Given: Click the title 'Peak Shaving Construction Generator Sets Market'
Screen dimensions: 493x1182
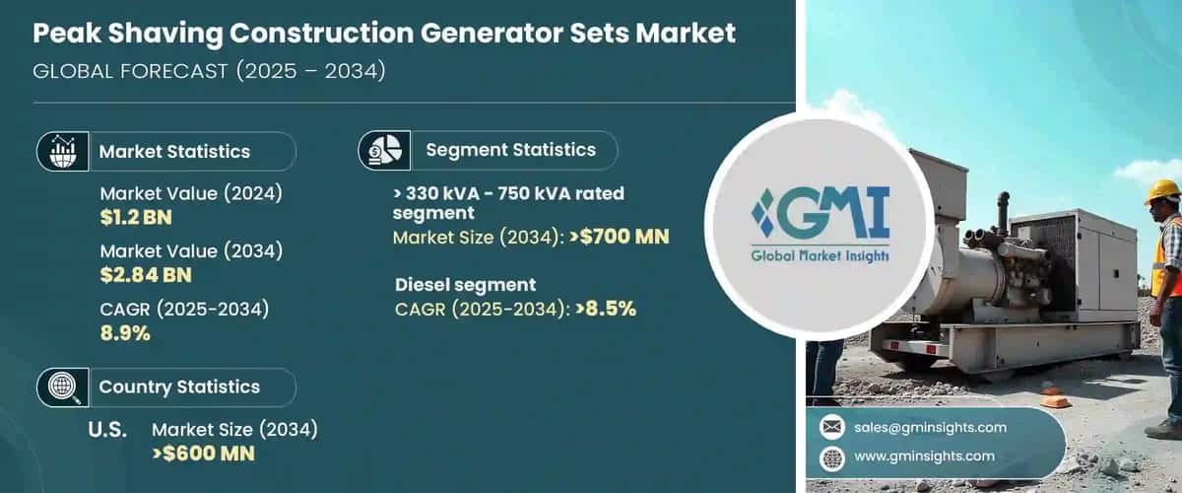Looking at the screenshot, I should [x=384, y=34].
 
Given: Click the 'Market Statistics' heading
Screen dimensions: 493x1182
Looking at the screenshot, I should [x=174, y=152].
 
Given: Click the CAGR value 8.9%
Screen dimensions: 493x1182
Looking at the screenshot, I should [x=125, y=333].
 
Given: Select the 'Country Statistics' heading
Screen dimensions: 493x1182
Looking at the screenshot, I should [x=179, y=387].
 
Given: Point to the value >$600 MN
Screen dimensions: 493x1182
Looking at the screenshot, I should [x=203, y=454].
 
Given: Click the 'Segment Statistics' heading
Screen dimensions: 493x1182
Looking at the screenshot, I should [x=510, y=150].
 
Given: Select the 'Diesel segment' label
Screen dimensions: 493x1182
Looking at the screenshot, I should [x=466, y=286].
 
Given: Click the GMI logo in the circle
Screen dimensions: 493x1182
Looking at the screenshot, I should [x=820, y=226].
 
